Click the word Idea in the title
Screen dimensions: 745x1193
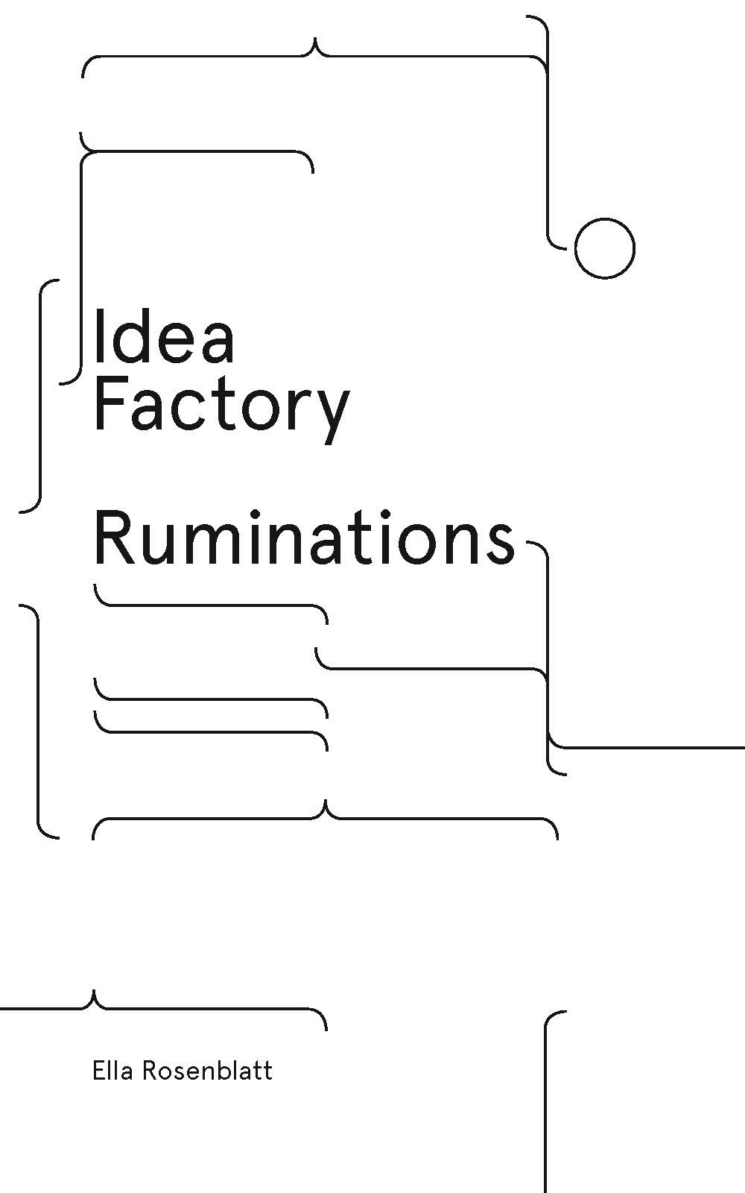pos(164,336)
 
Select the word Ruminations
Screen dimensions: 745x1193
pos(305,537)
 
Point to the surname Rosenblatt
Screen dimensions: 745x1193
pos(208,1071)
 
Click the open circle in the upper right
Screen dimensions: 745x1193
pos(604,248)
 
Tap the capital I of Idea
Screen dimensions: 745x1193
pos(98,336)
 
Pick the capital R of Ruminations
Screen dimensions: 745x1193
pos(115,537)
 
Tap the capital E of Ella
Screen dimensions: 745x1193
pos(99,1071)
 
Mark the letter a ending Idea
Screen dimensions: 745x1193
pos(217,345)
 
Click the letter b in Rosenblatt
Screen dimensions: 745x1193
pos(226,1071)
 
